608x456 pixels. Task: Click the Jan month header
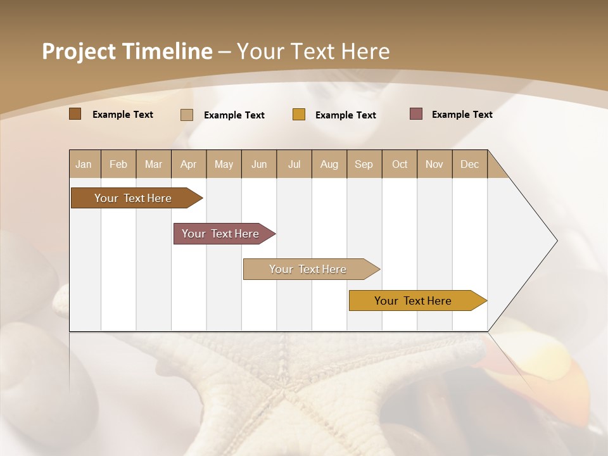pyautogui.click(x=84, y=164)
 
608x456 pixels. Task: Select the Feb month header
pyautogui.click(x=118, y=164)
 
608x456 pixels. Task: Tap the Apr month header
pyautogui.click(x=188, y=164)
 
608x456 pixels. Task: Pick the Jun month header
pyautogui.click(x=259, y=164)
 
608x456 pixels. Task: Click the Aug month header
pyautogui.click(x=329, y=164)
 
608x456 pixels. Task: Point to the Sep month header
pyautogui.click(x=364, y=164)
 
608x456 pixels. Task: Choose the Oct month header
pyautogui.click(x=400, y=164)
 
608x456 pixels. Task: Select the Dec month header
pyautogui.click(x=469, y=164)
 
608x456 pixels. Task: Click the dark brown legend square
pyautogui.click(x=75, y=114)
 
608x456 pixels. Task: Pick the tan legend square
pyautogui.click(x=187, y=115)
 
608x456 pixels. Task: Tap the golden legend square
pyautogui.click(x=299, y=115)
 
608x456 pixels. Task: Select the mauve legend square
pyautogui.click(x=416, y=114)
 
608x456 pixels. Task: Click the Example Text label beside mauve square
pyautogui.click(x=462, y=115)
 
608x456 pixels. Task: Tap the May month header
pyautogui.click(x=224, y=164)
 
